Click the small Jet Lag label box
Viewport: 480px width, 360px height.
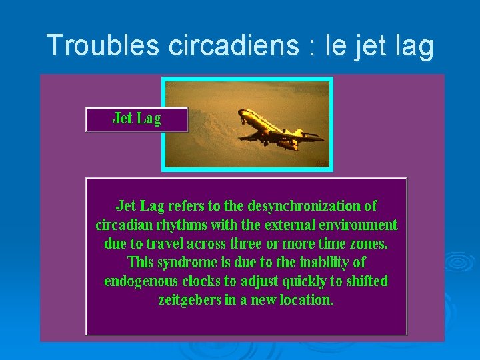tap(137, 119)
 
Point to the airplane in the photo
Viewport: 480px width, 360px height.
tap(277, 130)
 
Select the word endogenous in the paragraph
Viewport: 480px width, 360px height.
tap(142, 281)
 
